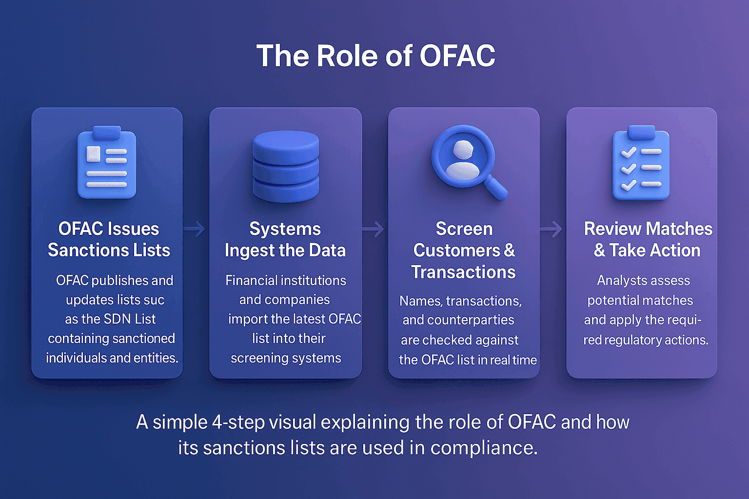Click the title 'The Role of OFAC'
coord(375,56)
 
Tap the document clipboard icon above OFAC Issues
coord(107,164)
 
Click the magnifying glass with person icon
coord(466,161)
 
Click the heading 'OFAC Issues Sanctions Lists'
coord(109,239)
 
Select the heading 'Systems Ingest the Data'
coord(285,239)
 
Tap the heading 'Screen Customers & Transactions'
coord(464,250)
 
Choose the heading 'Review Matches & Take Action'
coord(648,239)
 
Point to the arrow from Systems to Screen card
coord(374,229)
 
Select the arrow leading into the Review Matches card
coord(552,229)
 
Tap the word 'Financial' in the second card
coord(251,281)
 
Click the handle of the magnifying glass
coord(496,189)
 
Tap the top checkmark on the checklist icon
coord(629,152)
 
